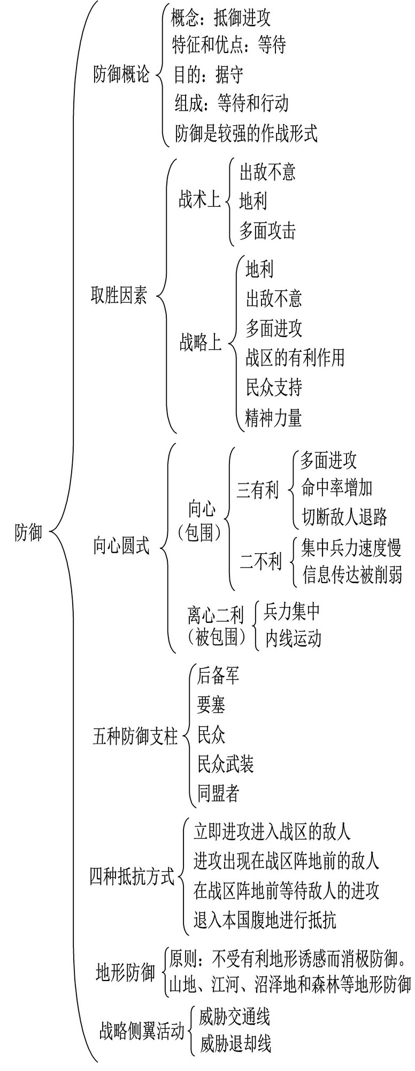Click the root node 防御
point(28,533)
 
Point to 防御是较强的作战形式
point(247,132)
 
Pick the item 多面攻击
point(267,230)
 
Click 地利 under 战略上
point(259,269)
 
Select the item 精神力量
point(273,417)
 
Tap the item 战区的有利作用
point(295,357)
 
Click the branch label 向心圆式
point(121,547)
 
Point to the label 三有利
point(258,490)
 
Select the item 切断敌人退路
point(344,517)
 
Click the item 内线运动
point(293,638)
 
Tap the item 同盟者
point(218,793)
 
